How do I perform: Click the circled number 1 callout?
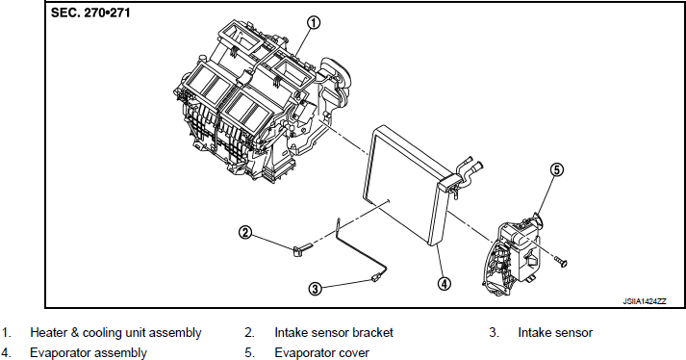tap(314, 23)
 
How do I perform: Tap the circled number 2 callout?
tap(245, 232)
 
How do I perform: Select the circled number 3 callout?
tap(315, 289)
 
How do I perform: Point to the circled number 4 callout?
tap(444, 284)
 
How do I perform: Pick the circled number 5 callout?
tap(556, 169)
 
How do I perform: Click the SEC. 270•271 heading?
tap(90, 13)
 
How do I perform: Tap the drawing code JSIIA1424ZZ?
tap(645, 301)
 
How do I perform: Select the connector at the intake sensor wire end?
tap(376, 277)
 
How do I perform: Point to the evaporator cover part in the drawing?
tap(512, 255)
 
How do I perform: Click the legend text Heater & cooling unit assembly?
tap(115, 333)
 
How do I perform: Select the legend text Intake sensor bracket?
tap(334, 333)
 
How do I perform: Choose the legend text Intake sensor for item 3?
tap(555, 333)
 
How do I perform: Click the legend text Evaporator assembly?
tap(89, 352)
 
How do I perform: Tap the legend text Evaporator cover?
tap(321, 352)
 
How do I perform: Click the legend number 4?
tap(6, 352)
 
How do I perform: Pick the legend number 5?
tap(249, 352)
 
